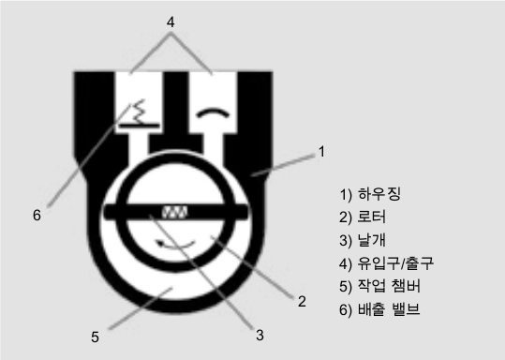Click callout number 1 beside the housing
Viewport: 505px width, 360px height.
(x=321, y=150)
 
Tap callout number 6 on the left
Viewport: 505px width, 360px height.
(x=37, y=215)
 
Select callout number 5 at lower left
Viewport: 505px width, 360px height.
(x=95, y=334)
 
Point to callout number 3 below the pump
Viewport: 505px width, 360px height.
(x=260, y=333)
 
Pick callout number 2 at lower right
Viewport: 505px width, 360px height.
(x=302, y=301)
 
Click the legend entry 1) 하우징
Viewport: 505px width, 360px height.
(x=369, y=197)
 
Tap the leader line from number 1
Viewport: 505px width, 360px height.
(x=286, y=162)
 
